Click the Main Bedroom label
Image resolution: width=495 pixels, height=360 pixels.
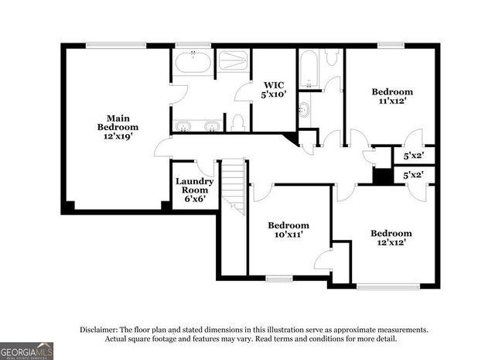point(118,127)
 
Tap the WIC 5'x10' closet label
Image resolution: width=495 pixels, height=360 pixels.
point(275,89)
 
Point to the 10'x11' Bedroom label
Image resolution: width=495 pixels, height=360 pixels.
point(288,230)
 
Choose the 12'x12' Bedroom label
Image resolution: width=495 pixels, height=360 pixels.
point(390,238)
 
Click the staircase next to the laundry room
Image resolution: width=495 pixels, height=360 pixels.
point(234,186)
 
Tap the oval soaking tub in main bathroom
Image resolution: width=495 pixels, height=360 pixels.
point(193,62)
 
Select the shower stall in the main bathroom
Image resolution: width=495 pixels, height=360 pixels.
point(233,60)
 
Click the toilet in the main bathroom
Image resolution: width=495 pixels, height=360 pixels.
point(238,123)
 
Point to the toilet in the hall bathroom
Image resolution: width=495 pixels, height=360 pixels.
point(331,57)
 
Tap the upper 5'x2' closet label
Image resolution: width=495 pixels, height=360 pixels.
point(413,156)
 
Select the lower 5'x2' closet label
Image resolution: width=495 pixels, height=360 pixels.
point(413,176)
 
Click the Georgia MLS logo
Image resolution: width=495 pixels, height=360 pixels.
point(26,350)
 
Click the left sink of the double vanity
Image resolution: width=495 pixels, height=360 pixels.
point(184,125)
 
